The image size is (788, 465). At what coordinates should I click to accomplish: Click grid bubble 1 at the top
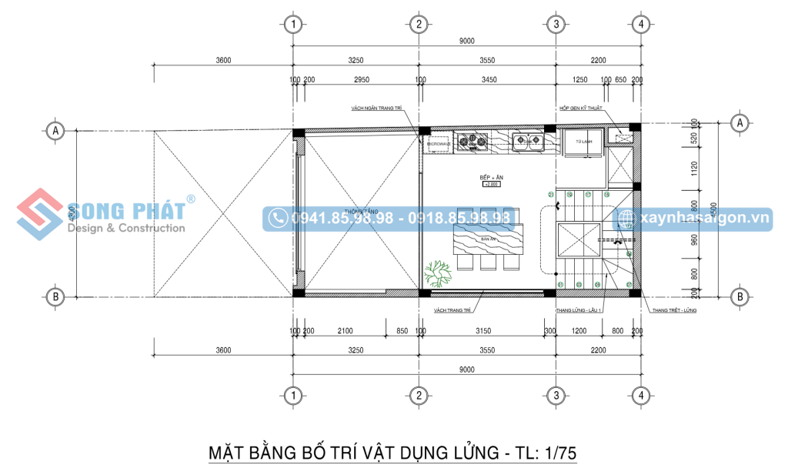292,25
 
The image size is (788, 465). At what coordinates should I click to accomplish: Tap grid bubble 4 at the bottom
640,395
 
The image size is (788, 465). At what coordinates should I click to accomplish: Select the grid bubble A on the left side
55,130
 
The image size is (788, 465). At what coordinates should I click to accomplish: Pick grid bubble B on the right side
740,295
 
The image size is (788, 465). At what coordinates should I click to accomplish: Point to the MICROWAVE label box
438,144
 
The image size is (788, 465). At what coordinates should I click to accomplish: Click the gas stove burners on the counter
471,140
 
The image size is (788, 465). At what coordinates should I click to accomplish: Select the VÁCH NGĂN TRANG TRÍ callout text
376,109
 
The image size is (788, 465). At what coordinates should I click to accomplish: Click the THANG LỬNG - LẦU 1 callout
577,310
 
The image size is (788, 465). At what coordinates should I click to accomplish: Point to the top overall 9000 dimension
466,41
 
